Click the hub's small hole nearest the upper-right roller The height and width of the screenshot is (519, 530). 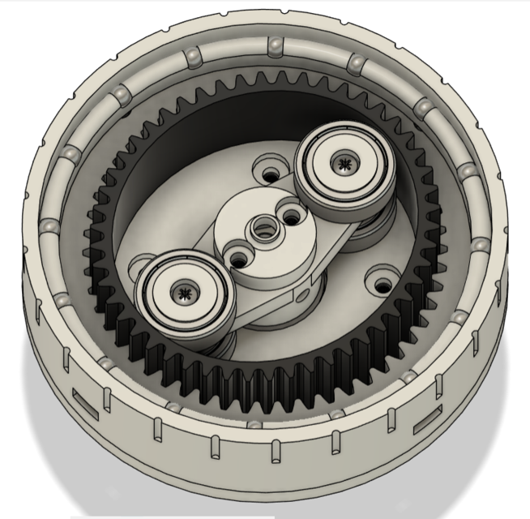(288, 218)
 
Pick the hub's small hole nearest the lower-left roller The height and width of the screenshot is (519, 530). (240, 258)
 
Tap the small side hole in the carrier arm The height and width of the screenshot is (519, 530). (307, 290)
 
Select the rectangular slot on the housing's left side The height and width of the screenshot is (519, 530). (83, 398)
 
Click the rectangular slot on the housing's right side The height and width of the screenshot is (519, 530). (426, 423)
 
